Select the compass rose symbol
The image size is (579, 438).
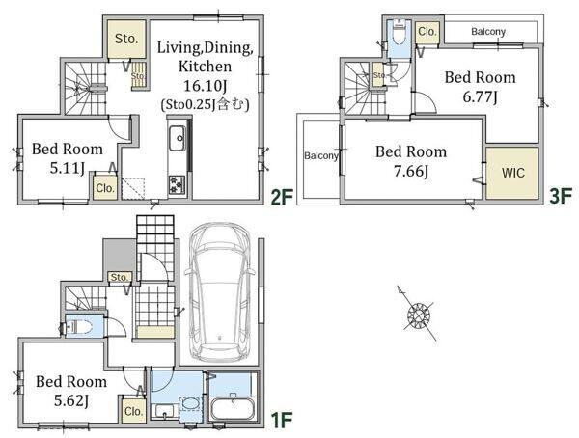417,314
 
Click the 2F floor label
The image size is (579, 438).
282,197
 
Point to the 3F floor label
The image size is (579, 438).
561,196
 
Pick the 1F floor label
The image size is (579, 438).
282,420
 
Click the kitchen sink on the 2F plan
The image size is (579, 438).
178,139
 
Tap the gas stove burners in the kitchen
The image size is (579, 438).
176,184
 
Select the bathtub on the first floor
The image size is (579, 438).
233,408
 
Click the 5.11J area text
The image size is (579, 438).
68,169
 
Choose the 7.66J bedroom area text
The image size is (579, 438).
411,172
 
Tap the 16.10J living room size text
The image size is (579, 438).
206,86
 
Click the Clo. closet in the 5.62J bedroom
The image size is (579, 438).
133,411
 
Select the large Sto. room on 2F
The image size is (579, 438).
126,39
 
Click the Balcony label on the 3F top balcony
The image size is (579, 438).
488,32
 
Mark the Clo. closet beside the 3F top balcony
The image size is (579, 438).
427,32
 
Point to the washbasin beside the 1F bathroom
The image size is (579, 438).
191,403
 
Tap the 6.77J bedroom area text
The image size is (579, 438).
480,97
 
